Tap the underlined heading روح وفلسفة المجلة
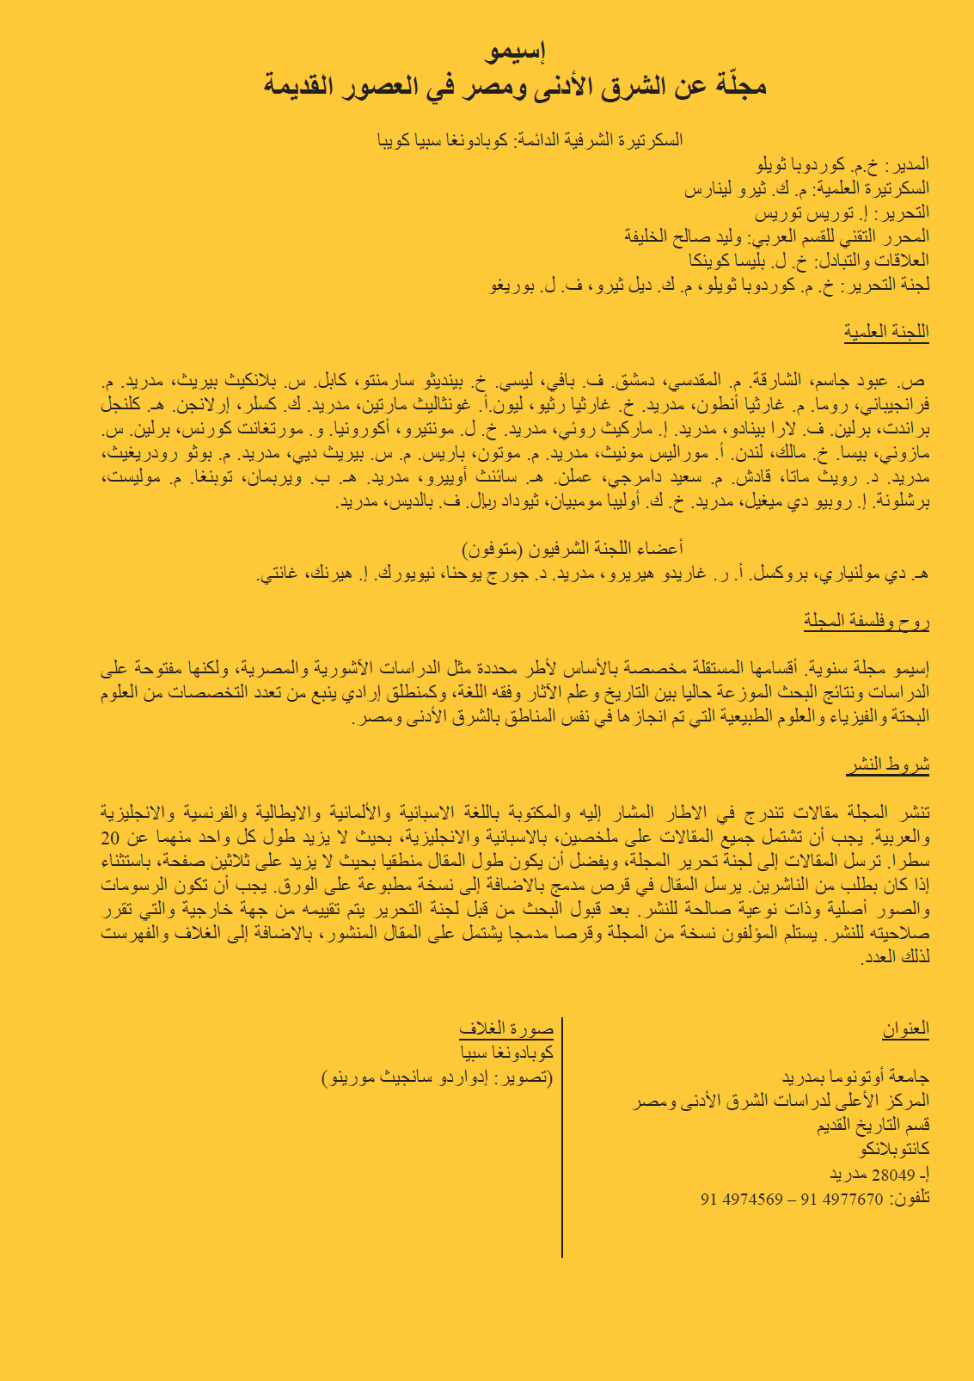tap(867, 622)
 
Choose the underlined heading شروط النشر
tap(888, 766)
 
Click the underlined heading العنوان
tap(906, 1028)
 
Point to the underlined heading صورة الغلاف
tap(506, 1028)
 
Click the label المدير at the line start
tap(909, 164)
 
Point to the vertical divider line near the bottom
tap(562, 1135)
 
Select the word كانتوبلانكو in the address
tap(895, 1150)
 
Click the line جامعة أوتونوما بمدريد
tap(856, 1077)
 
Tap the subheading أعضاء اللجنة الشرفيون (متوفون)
tap(573, 549)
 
